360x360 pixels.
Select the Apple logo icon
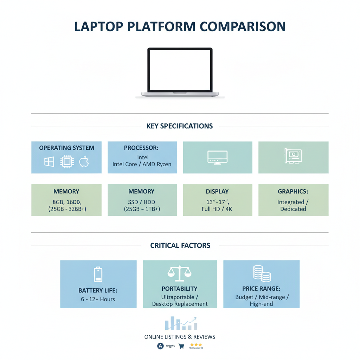coord(84,162)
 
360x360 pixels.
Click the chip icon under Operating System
coord(66,162)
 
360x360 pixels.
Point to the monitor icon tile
coord(218,157)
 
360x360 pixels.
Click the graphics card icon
coord(293,156)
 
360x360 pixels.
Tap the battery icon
coord(98,274)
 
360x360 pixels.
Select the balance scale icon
coord(179,274)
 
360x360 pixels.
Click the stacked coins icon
coord(262,273)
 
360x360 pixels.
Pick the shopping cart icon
coord(181,346)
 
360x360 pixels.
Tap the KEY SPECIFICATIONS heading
coord(180,126)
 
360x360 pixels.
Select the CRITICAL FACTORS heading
coord(180,245)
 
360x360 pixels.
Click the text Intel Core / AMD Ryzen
coord(142,164)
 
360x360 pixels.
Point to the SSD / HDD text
coord(142,202)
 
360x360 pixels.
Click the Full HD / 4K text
coord(217,209)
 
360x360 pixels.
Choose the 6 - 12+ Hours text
coord(98,300)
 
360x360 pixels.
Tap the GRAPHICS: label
coord(293,192)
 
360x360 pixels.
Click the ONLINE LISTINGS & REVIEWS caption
coord(180,337)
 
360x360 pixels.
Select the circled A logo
coord(160,346)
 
